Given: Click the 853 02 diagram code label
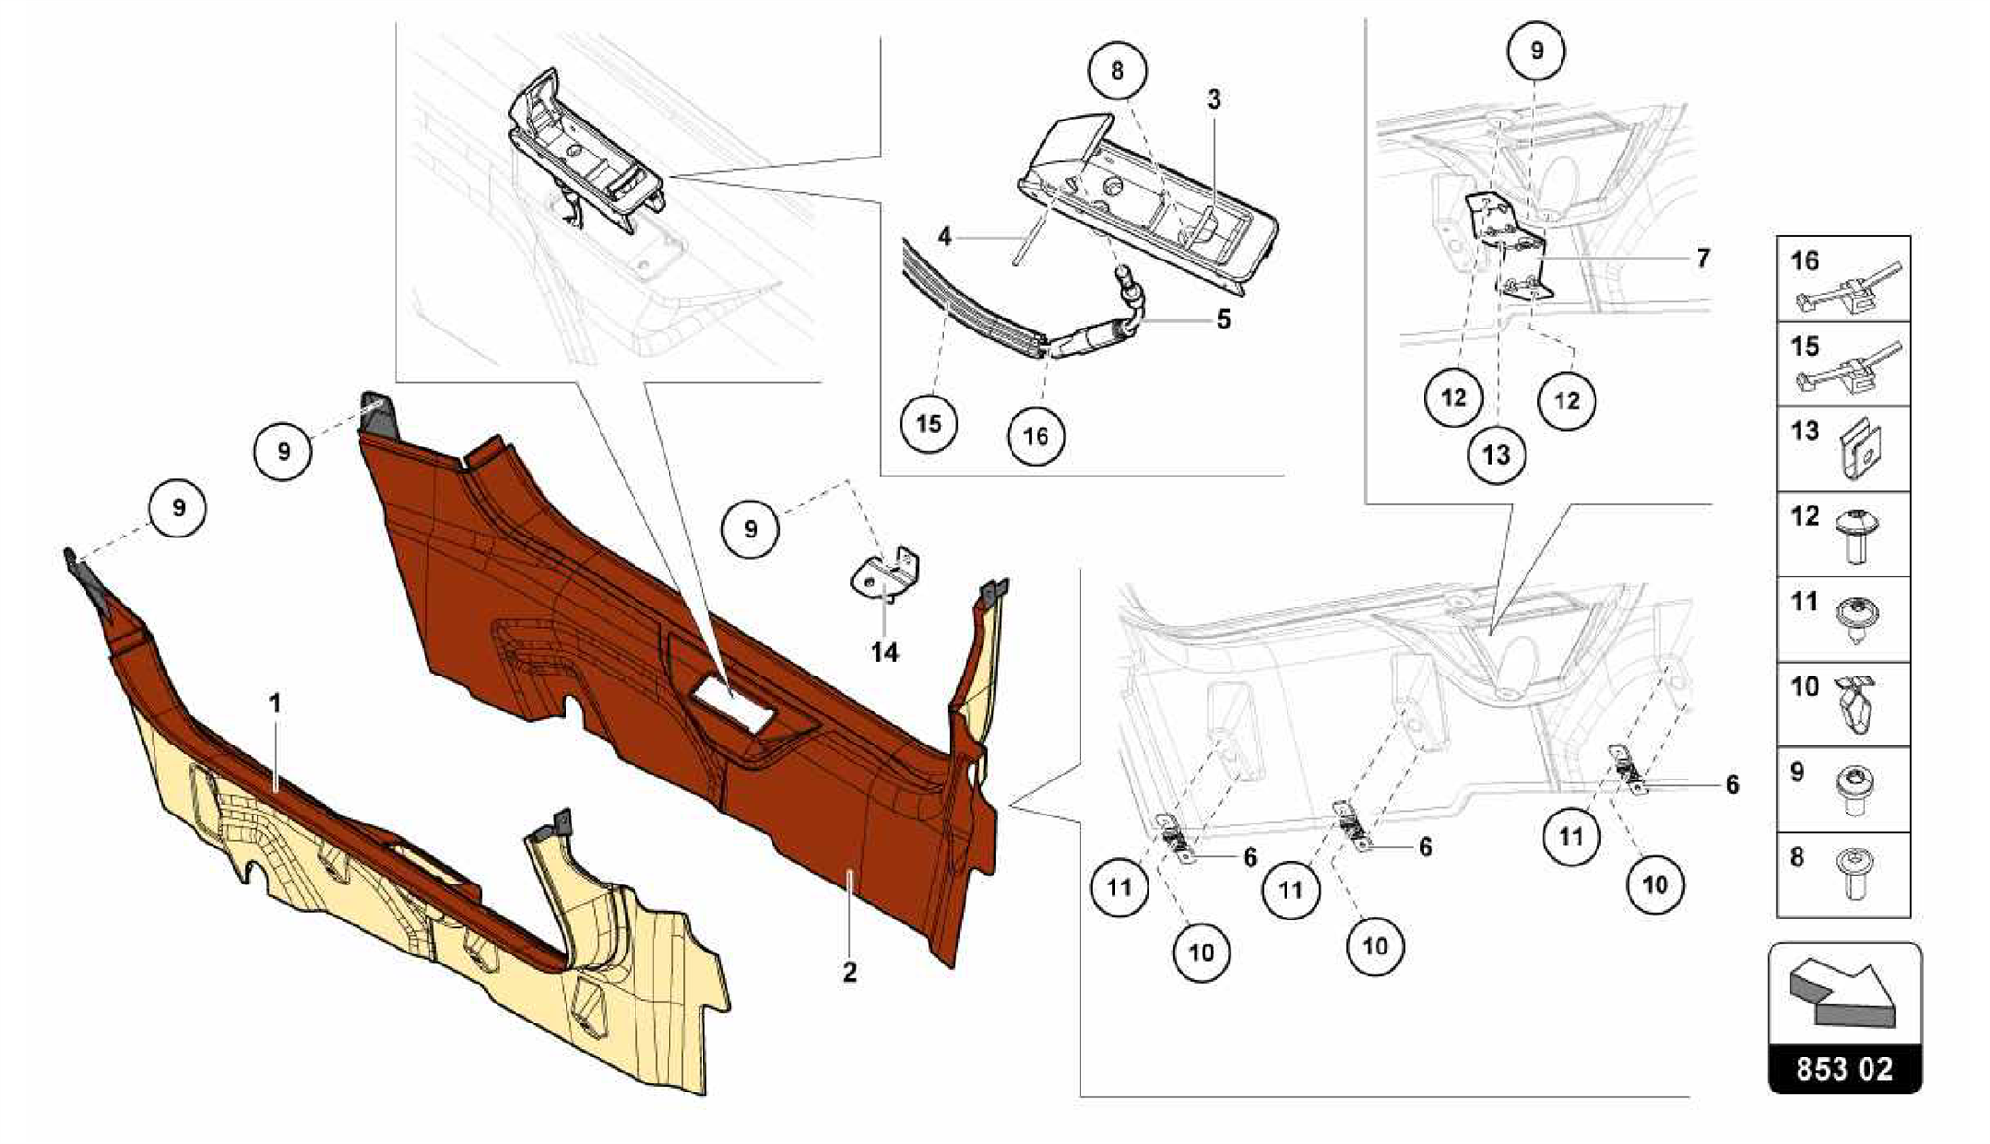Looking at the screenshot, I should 1844,1069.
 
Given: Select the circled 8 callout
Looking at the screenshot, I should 1116,70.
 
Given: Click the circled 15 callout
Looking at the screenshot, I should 928,424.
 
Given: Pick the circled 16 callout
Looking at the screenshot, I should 1036,435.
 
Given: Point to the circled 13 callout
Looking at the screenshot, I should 1496,454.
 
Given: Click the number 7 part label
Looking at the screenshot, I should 1702,259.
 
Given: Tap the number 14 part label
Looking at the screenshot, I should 884,652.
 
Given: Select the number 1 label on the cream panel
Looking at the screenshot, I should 275,703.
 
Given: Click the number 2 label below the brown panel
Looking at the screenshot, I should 849,972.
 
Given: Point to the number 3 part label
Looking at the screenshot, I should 1214,99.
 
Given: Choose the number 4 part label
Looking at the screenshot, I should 944,236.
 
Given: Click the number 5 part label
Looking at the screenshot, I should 1223,319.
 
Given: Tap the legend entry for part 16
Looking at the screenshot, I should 1843,279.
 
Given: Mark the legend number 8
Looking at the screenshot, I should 1797,857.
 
